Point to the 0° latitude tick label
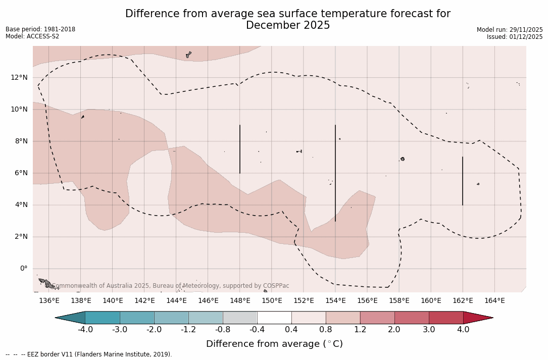[23, 269]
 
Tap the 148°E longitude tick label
[240, 301]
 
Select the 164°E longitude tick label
[494, 301]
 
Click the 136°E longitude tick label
[49, 301]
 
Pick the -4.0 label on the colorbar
[85, 330]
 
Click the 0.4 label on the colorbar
[291, 330]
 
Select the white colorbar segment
[274, 318]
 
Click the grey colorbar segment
[240, 318]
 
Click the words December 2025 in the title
[288, 25]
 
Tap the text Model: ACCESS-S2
[32, 36]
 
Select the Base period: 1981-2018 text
[40, 29]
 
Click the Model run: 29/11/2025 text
[510, 30]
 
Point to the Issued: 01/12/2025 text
[515, 37]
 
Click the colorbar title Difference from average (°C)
[274, 344]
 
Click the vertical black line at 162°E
[462, 181]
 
